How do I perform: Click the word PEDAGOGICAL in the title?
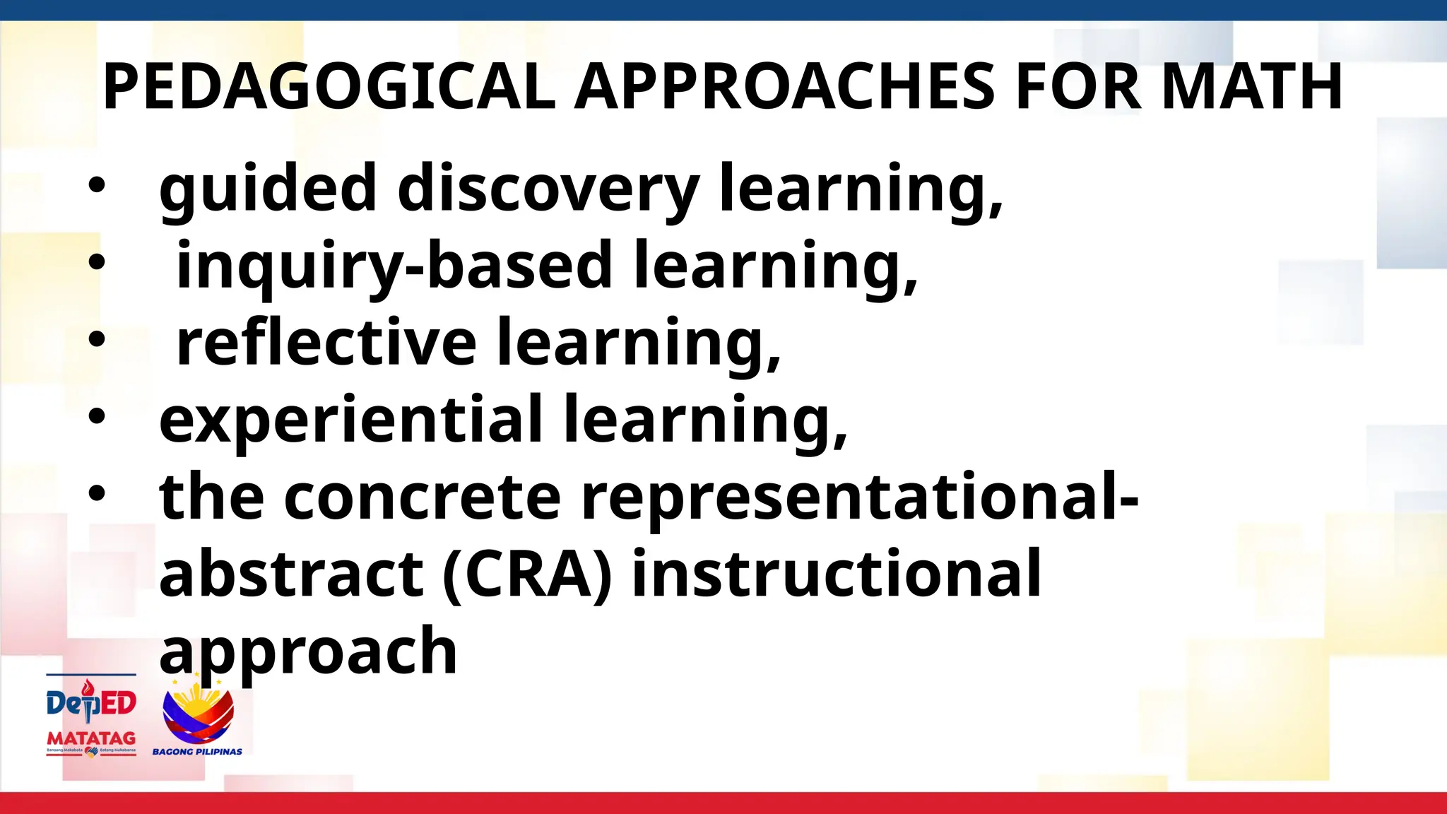click(329, 87)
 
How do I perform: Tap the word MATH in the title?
click(1251, 87)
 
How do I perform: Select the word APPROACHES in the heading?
click(784, 87)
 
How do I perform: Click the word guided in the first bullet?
click(267, 189)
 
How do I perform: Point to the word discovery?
click(548, 189)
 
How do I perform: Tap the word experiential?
click(351, 420)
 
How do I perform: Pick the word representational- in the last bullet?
click(859, 498)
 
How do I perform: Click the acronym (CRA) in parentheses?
click(527, 574)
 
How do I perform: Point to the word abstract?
click(291, 574)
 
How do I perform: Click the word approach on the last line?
click(308, 652)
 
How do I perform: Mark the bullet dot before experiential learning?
click(96, 417)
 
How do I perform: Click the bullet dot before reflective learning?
click(96, 340)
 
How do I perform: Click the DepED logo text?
click(91, 703)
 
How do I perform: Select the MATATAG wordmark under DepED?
click(91, 738)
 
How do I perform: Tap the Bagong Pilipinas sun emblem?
click(198, 714)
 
